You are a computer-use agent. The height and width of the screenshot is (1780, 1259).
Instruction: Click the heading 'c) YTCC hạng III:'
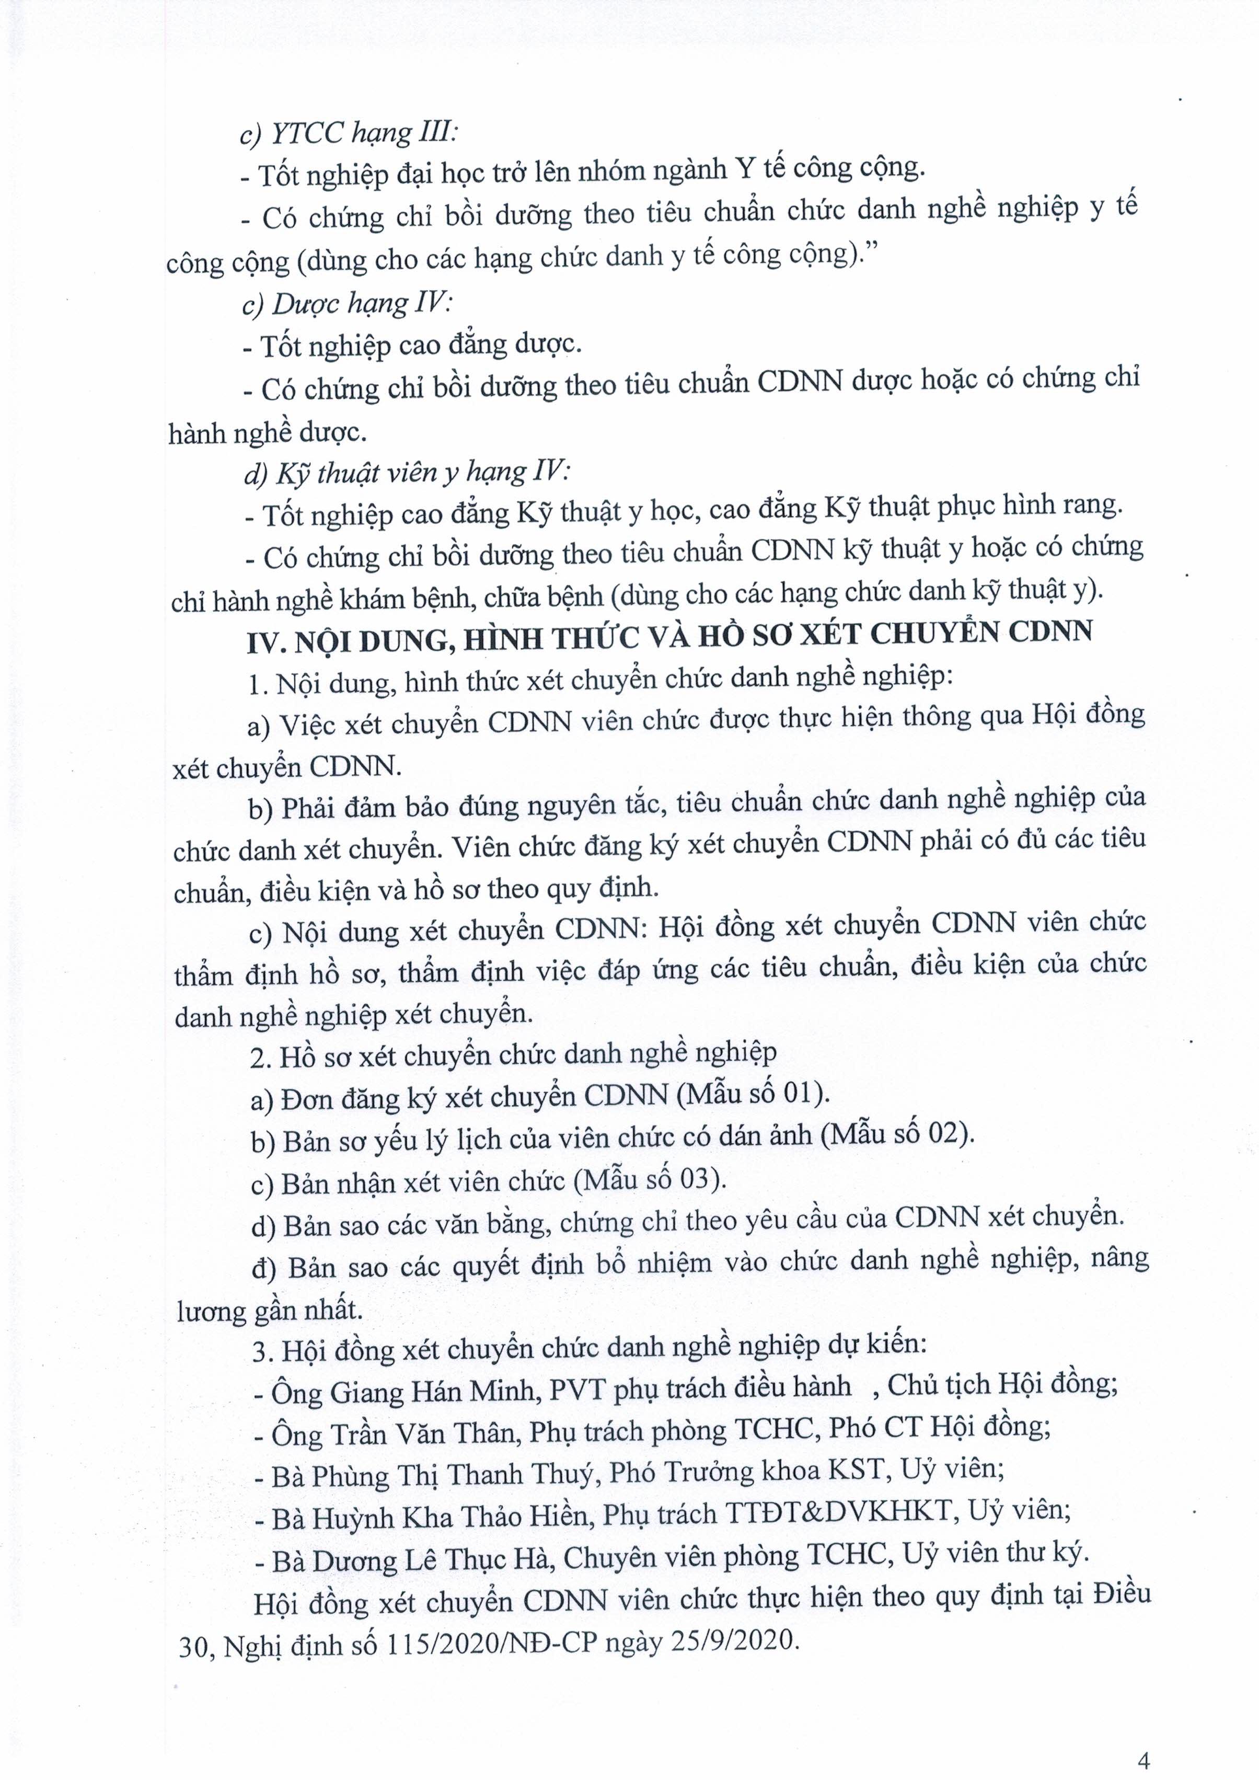pos(349,133)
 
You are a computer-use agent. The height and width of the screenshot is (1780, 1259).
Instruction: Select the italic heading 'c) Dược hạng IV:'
pos(348,303)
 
